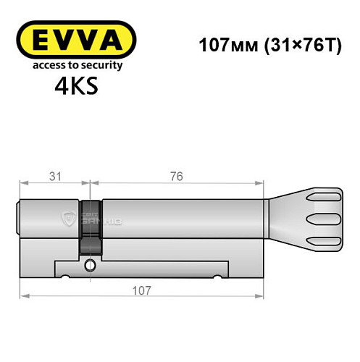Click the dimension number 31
pos(55,177)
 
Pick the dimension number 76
pos(177,177)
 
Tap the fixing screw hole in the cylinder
pos(89,264)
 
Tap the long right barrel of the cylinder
pos(181,217)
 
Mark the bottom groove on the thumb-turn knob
pos(325,240)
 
